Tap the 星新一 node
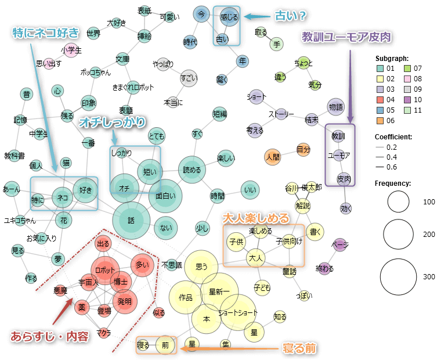click(x=219, y=290)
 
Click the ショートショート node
click(x=238, y=312)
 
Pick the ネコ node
click(x=62, y=197)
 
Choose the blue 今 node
click(x=201, y=13)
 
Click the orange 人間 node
click(x=273, y=156)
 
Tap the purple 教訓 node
click(x=338, y=136)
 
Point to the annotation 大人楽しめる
click(x=256, y=218)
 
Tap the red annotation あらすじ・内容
click(x=49, y=336)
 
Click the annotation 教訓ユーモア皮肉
click(x=346, y=37)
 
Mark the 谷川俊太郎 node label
click(x=303, y=188)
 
